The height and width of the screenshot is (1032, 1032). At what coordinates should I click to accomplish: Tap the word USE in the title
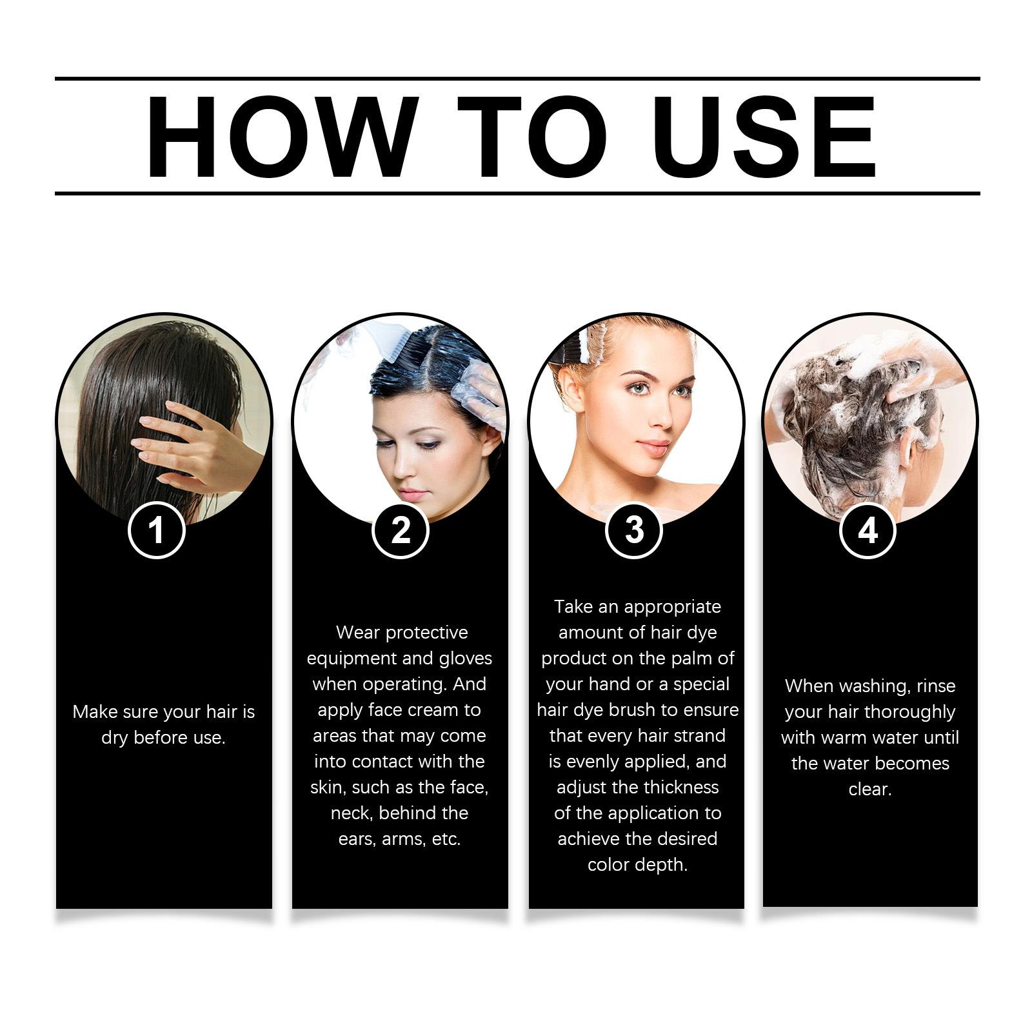pos(768,137)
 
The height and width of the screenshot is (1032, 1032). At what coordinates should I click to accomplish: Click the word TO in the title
pos(531,137)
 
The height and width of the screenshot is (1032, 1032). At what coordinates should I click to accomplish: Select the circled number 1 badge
pos(157,530)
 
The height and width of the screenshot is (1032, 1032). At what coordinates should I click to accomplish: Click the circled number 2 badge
pos(401,530)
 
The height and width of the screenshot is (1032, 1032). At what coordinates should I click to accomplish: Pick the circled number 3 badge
pos(634,530)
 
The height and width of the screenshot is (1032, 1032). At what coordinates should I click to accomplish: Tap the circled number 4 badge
pos(868,530)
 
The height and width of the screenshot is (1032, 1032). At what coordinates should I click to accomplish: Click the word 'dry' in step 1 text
pos(115,739)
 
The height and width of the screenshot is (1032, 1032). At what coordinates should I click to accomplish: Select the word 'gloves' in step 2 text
pos(465,659)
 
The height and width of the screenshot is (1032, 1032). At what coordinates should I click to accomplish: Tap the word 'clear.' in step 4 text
pos(869,789)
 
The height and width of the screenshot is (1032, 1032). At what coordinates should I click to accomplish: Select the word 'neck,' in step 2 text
pos(352,813)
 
